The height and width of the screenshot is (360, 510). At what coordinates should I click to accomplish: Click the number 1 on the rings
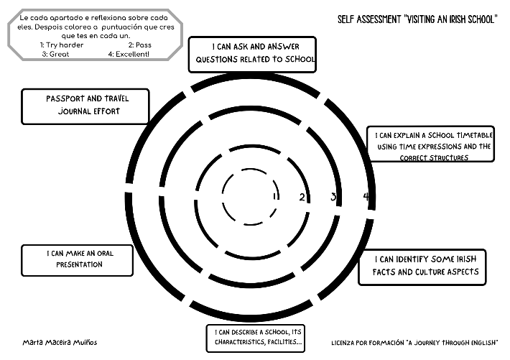click(x=275, y=195)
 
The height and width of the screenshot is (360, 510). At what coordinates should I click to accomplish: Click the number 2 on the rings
click(x=302, y=197)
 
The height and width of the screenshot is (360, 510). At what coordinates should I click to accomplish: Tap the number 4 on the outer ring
click(x=366, y=197)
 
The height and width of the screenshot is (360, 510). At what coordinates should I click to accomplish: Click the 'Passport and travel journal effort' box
click(x=85, y=106)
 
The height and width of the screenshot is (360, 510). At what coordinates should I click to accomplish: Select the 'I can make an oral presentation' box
click(x=77, y=259)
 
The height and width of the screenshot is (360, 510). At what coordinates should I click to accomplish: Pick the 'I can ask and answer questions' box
click(x=252, y=55)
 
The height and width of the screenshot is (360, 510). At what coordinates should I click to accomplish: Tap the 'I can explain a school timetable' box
click(x=434, y=145)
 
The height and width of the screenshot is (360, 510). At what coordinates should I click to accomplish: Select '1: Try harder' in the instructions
click(x=62, y=45)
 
